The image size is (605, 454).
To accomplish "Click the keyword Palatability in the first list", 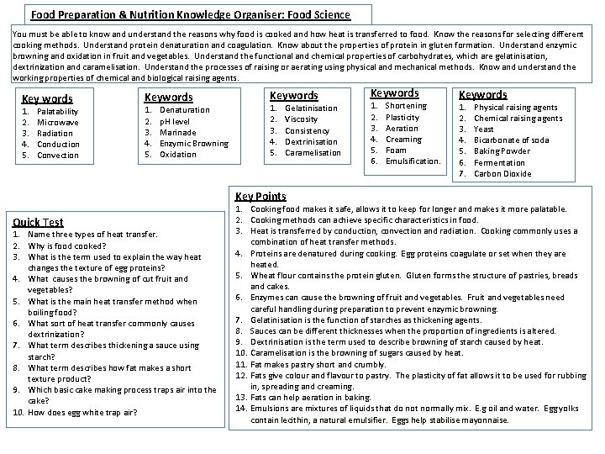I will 58,111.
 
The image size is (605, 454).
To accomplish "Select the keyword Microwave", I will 56,122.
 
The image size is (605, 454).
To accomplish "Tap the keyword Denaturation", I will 185,110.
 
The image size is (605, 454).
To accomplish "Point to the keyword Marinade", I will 178,132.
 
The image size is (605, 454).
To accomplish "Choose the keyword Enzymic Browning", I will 194,143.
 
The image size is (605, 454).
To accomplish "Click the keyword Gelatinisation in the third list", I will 311,108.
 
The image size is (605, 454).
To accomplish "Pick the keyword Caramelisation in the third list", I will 313,152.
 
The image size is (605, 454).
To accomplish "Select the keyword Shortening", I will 406,106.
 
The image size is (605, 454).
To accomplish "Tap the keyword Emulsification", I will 413,161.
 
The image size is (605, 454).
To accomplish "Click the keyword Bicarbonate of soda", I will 512,140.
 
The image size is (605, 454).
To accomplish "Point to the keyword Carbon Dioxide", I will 502,173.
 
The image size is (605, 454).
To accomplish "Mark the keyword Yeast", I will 484,129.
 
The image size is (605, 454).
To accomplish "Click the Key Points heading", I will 260,196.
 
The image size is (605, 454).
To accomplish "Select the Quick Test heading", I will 38,222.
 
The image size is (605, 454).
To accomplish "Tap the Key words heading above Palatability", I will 46,98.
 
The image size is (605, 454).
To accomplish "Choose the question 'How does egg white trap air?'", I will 82,412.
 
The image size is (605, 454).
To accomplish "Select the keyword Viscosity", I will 302,119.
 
